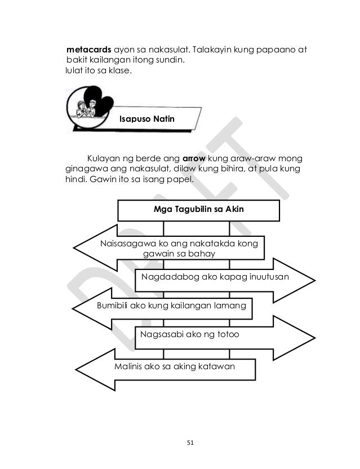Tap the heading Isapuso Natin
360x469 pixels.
(x=146, y=120)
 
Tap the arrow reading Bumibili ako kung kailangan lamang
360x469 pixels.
(x=169, y=306)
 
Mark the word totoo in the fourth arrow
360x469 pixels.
(x=226, y=335)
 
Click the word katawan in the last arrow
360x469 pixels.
(x=217, y=366)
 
